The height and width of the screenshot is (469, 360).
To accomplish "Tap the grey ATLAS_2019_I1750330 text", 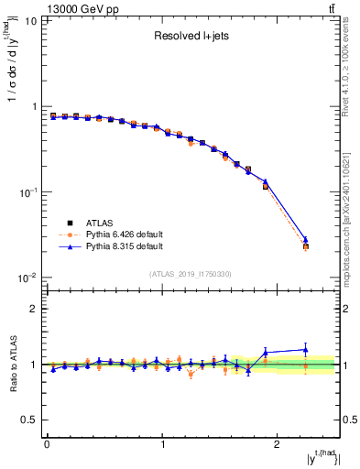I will tap(191, 274).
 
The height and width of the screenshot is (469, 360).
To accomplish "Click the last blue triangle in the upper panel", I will tap(306, 240).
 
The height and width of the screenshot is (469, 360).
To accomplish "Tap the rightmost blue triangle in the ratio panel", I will tap(306, 349).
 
